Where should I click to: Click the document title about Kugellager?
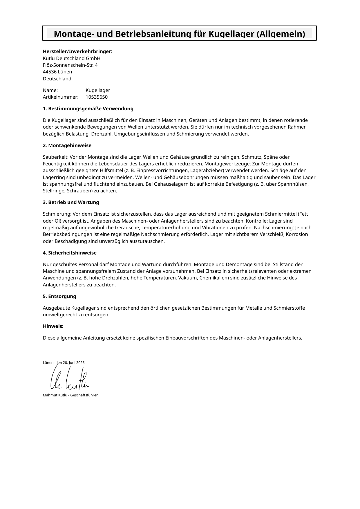[179, 34]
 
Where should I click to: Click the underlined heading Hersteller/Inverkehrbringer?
[77, 52]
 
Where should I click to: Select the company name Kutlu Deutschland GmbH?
[71, 58]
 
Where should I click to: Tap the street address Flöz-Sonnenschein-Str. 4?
[70, 65]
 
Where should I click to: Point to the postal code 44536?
[50, 72]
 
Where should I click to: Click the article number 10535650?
[97, 97]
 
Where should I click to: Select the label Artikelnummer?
[61, 97]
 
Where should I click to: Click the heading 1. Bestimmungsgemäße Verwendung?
[88, 109]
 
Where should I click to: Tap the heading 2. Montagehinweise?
[67, 145]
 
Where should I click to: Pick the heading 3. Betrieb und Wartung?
[71, 202]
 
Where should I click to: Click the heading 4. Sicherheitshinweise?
[70, 253]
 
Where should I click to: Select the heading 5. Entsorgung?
[59, 296]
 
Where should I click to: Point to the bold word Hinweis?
[53, 326]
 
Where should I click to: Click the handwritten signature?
[70, 379]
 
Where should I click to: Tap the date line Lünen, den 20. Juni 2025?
[64, 363]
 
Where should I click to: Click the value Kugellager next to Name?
[98, 90]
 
